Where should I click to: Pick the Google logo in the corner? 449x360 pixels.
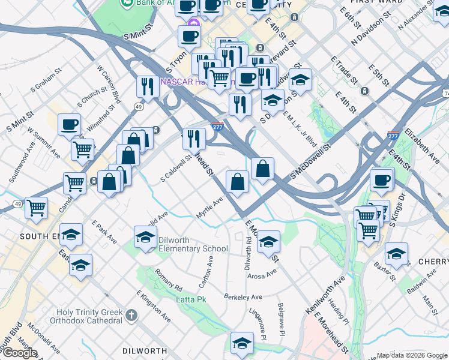pos(20,353)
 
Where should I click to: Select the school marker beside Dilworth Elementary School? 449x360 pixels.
pos(145,238)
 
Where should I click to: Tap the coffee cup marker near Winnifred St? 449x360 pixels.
pos(69,125)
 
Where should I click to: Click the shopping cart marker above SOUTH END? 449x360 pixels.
pos(37,208)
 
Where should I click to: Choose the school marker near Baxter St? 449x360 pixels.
pos(396,254)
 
